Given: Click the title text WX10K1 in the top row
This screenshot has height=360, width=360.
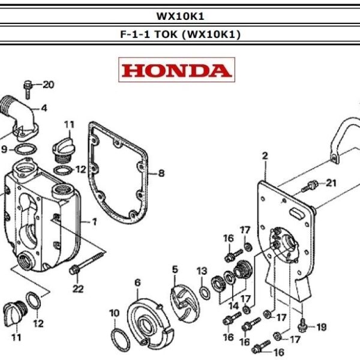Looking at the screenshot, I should coord(180,16).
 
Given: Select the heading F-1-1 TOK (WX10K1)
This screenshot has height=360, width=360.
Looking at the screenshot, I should coord(180,34).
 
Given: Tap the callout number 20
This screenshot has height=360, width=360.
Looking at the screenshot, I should coord(48,84).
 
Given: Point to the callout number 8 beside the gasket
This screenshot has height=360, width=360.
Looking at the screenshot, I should coord(161,174).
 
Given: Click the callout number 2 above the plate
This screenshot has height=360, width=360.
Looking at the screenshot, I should coord(264,157).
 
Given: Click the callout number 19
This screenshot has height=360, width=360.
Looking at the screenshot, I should coord(322,327).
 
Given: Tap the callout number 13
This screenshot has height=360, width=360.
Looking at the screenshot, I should coord(202,271).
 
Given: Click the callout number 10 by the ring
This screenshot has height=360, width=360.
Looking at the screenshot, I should coord(114,313).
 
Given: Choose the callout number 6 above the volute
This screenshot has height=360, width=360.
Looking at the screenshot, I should coord(137,282).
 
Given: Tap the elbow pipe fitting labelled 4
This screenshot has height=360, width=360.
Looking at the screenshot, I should coord(21,114).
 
